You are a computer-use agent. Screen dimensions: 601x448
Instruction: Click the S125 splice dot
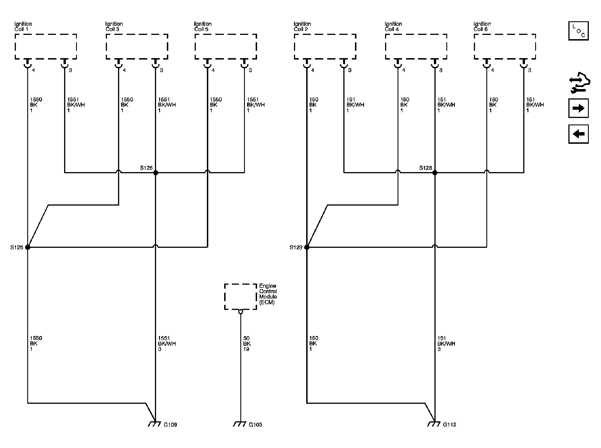click(28, 247)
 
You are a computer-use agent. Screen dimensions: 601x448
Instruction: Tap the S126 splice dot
click(155, 172)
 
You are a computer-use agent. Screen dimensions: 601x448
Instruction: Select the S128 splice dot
click(435, 172)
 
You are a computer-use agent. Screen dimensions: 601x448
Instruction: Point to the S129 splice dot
click(307, 247)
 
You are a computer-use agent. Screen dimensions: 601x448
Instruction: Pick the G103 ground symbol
click(240, 424)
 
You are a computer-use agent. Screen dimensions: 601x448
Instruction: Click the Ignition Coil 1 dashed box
click(46, 35)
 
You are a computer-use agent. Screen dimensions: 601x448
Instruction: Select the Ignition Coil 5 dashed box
click(226, 35)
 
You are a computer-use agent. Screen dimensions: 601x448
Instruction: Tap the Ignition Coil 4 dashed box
click(416, 35)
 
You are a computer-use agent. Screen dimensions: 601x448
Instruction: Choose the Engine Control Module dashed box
click(240, 284)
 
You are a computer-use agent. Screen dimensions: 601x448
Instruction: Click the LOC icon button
click(578, 31)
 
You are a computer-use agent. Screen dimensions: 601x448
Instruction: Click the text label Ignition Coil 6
click(482, 26)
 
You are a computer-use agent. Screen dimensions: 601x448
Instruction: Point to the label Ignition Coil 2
click(302, 26)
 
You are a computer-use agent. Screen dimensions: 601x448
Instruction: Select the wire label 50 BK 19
click(247, 343)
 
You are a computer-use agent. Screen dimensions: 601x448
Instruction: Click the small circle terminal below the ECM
click(241, 312)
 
